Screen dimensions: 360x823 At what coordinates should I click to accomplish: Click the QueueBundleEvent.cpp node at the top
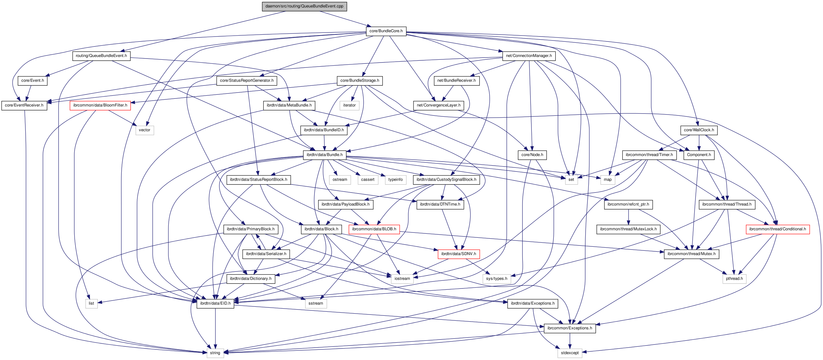tap(304, 6)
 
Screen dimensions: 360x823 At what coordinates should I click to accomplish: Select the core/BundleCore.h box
tap(386, 31)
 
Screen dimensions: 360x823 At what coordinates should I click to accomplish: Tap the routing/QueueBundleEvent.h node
tap(101, 56)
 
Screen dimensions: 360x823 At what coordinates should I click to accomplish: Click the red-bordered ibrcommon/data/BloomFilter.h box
tap(100, 105)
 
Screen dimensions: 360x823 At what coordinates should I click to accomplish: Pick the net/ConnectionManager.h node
tap(529, 56)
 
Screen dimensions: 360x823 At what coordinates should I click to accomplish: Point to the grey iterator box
tap(349, 105)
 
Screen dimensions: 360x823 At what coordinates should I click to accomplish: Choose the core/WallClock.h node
tap(699, 130)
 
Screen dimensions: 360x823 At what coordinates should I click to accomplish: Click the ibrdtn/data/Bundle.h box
tap(324, 154)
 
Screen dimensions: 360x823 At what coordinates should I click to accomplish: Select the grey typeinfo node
tap(395, 180)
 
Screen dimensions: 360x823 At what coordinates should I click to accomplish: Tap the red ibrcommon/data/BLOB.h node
tap(374, 229)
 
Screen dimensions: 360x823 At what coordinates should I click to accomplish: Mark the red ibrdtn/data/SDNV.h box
tap(458, 254)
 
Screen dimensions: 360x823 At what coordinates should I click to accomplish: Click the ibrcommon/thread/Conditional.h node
tap(777, 229)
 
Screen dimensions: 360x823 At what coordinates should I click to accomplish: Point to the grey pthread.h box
tap(734, 279)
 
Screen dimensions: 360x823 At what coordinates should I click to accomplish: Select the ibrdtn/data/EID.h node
tap(215, 303)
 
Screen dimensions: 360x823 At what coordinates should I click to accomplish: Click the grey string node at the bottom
tap(215, 353)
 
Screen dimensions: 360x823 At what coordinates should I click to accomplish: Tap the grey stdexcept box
tap(570, 353)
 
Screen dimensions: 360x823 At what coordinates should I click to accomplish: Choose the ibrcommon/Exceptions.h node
tap(569, 328)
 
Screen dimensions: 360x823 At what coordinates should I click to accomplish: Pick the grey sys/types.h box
tap(496, 279)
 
